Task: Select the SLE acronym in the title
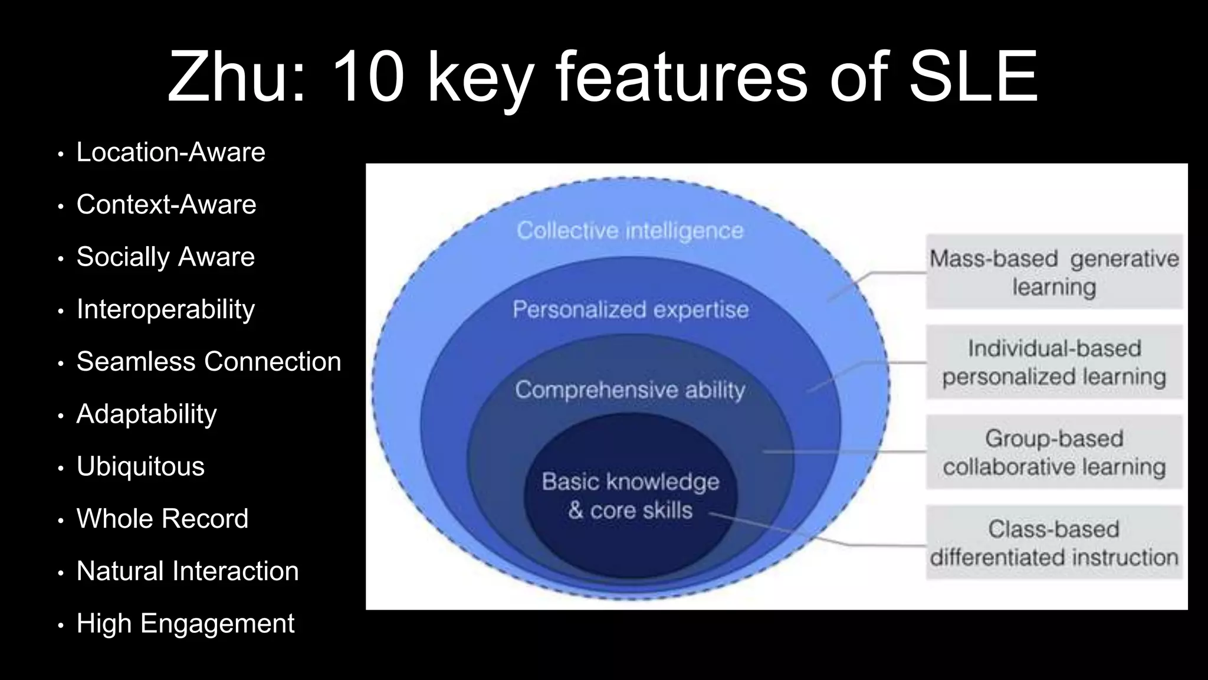(973, 77)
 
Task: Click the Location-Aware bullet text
(170, 152)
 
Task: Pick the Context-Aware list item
(166, 205)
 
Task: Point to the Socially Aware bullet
(165, 257)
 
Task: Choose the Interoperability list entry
(165, 309)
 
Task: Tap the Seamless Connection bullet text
(208, 361)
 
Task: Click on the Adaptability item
(146, 414)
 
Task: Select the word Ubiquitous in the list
(140, 466)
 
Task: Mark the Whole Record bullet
(162, 519)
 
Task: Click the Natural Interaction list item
(187, 571)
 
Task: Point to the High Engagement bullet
(185, 623)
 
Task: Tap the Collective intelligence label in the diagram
(630, 230)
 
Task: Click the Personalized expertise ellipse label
(630, 309)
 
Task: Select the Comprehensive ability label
(630, 390)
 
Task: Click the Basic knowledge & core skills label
(630, 496)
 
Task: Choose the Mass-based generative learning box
(1054, 272)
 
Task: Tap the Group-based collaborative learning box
(1054, 452)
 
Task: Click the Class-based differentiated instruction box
(1054, 542)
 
